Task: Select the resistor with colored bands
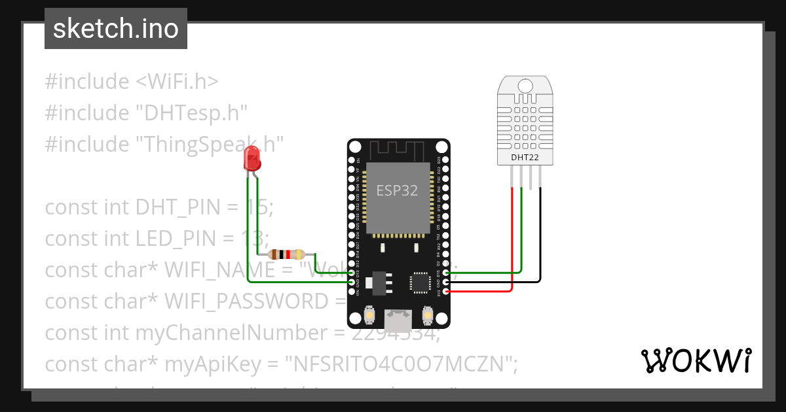286,254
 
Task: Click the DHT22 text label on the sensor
525,158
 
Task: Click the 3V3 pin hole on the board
445,291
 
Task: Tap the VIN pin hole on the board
352,291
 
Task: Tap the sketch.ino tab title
116,29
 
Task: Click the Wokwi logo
696,360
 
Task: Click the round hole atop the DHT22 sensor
525,86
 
